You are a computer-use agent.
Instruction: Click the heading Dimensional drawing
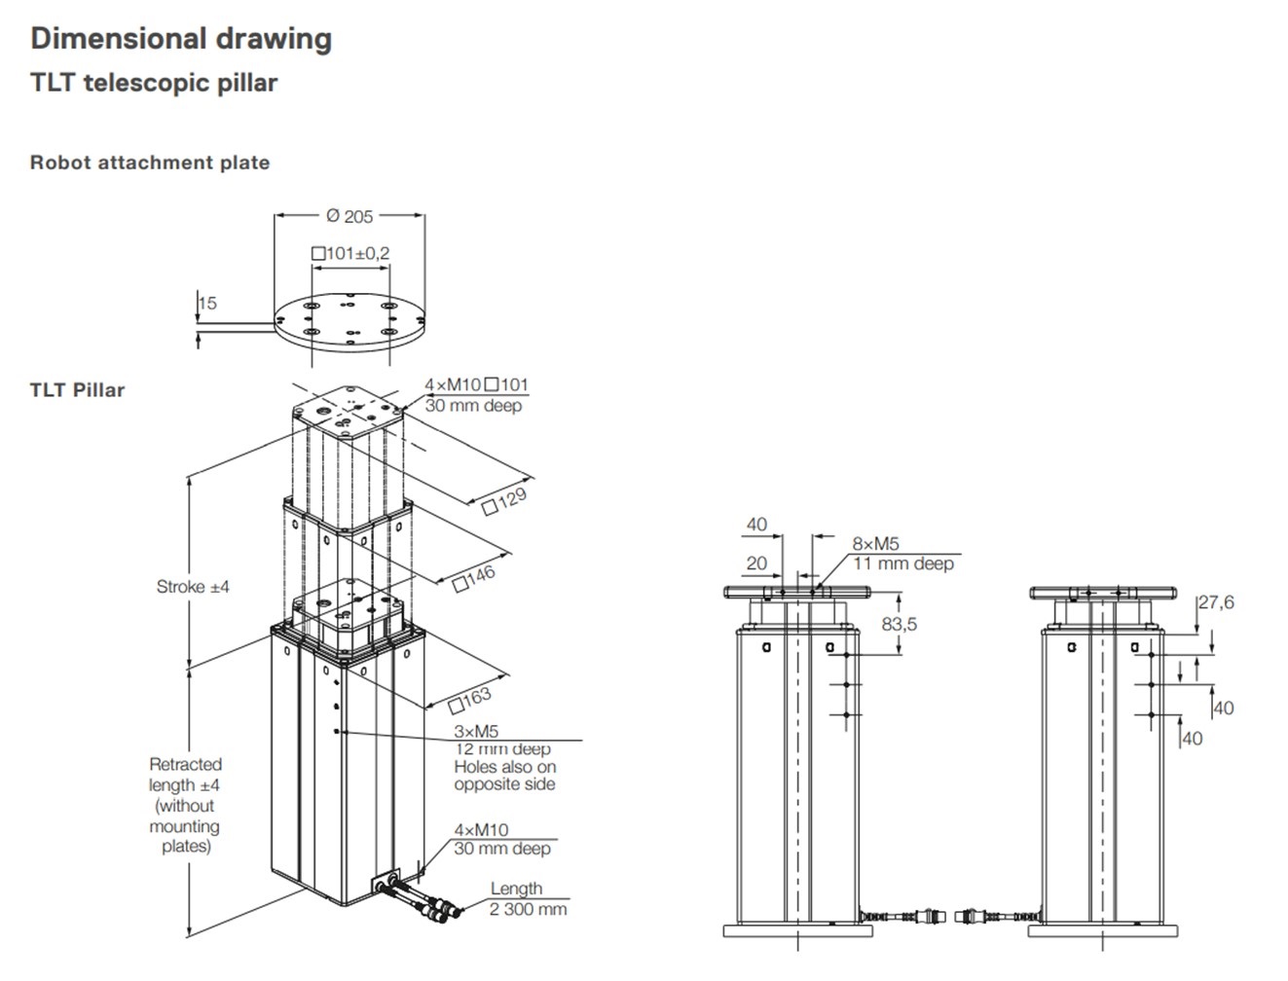click(x=181, y=39)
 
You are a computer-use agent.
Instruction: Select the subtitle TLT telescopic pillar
click(x=154, y=83)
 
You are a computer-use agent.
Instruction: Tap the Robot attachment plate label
click(x=150, y=163)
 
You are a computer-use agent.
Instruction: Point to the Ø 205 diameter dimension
click(x=350, y=216)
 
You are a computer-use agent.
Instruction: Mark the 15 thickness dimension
click(x=207, y=303)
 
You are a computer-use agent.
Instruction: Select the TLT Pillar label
click(x=78, y=390)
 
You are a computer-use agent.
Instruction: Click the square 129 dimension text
click(x=505, y=500)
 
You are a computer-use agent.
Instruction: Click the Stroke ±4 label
click(x=193, y=587)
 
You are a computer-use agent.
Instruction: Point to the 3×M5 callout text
click(x=476, y=731)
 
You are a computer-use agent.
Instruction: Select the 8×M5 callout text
click(x=876, y=544)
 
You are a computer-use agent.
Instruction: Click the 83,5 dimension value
click(x=900, y=624)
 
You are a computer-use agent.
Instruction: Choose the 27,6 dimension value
click(x=1216, y=602)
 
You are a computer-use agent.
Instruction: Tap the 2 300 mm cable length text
click(x=528, y=909)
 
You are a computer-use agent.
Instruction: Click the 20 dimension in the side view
click(x=756, y=563)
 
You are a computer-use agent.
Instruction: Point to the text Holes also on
click(x=504, y=767)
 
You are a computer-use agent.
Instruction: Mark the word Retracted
click(x=185, y=764)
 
